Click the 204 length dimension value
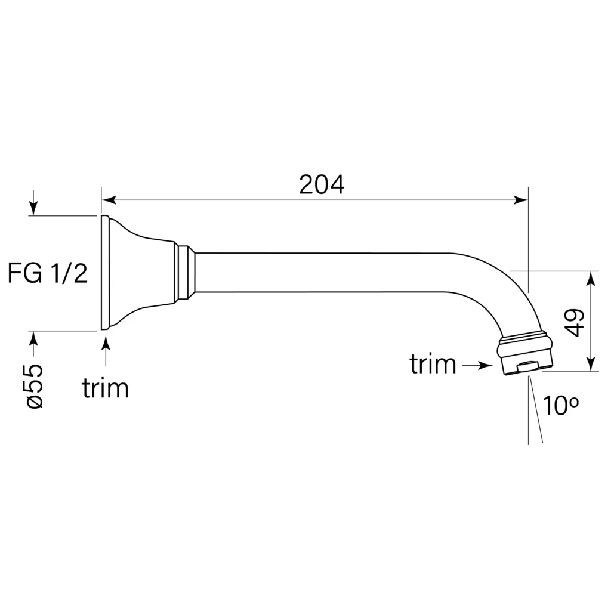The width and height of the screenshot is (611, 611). tap(322, 185)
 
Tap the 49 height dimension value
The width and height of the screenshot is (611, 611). tap(575, 322)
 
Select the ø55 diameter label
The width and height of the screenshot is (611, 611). tap(35, 387)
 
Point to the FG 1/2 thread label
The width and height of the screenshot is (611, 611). tap(48, 273)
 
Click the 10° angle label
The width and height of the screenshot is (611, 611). tap(560, 405)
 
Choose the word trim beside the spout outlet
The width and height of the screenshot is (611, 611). tap(433, 364)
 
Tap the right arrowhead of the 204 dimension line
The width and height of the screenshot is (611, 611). tap(521, 200)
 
